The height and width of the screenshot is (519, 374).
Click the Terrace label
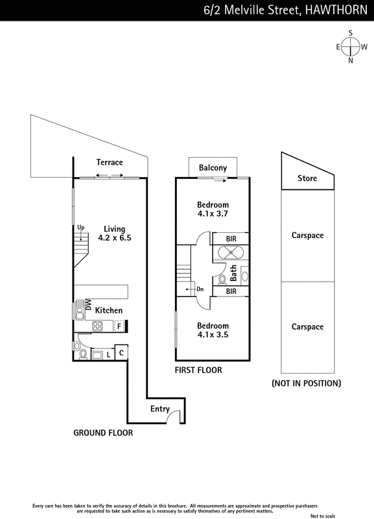click(x=110, y=162)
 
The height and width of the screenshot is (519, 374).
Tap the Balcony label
click(x=213, y=168)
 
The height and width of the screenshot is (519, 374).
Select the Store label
click(x=307, y=178)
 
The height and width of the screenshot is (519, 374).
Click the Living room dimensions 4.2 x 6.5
click(x=115, y=237)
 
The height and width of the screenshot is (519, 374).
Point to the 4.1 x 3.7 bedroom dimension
click(x=213, y=214)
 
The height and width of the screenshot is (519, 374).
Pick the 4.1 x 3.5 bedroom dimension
click(x=213, y=335)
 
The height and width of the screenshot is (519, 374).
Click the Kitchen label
click(x=108, y=311)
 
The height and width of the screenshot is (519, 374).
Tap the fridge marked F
click(x=119, y=326)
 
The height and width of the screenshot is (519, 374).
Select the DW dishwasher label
click(x=88, y=304)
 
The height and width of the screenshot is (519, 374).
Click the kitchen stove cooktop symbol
click(x=97, y=326)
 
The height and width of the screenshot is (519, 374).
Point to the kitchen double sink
click(x=79, y=310)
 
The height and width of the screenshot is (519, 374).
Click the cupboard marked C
click(x=121, y=353)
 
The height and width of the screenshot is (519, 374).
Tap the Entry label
click(x=159, y=409)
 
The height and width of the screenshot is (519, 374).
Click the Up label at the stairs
click(x=80, y=228)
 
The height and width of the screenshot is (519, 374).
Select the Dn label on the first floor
click(x=200, y=289)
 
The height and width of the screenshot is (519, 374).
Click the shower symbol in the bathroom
click(x=231, y=253)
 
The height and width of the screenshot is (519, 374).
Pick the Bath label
click(x=233, y=273)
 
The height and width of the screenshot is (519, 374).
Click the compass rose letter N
click(x=351, y=60)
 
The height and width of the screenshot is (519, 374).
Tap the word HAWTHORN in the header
click(x=336, y=10)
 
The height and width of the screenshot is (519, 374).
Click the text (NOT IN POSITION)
click(x=306, y=383)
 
